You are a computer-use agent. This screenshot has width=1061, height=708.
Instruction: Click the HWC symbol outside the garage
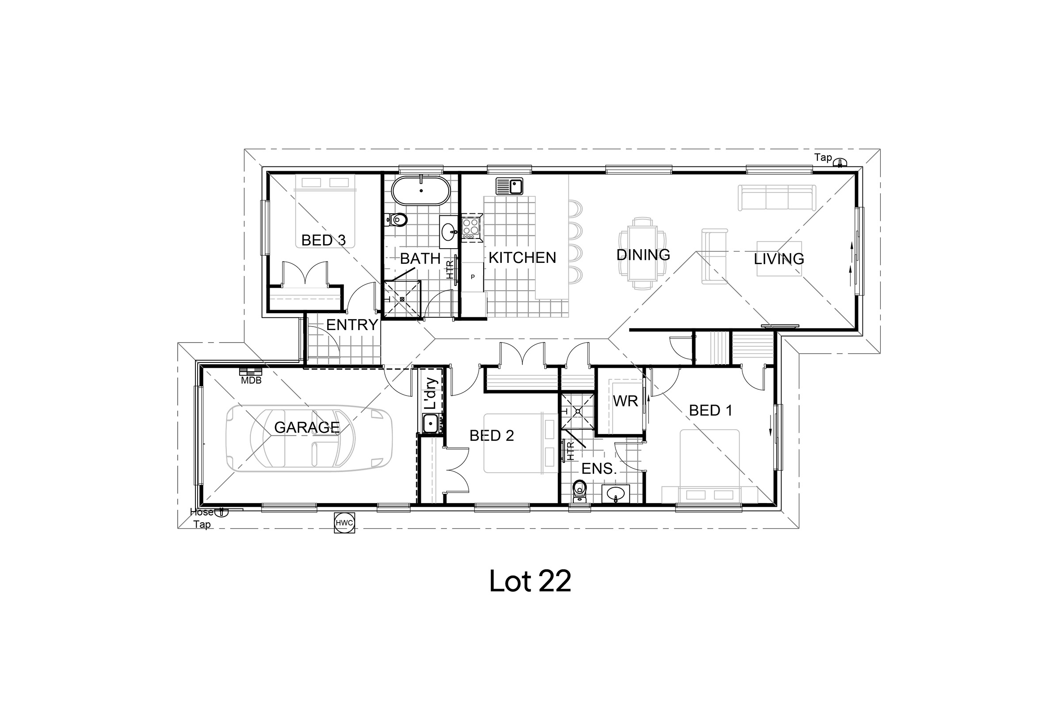[x=344, y=523]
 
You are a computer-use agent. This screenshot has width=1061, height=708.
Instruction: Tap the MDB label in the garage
[x=251, y=380]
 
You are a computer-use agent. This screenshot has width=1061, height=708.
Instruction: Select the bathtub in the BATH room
[x=420, y=191]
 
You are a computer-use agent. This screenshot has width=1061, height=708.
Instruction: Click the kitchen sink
[x=509, y=185]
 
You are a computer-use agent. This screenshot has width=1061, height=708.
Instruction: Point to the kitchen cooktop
[x=470, y=227]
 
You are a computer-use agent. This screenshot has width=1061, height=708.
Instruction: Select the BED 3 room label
[x=324, y=240]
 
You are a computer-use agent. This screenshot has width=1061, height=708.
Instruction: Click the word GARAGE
[x=307, y=427]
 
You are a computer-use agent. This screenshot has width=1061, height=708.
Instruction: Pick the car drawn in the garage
[x=309, y=439]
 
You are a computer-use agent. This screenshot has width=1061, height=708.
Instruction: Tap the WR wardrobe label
[x=625, y=401]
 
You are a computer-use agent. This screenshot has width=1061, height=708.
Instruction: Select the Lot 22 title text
[x=530, y=581]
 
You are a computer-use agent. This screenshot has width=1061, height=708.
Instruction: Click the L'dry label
[x=432, y=393]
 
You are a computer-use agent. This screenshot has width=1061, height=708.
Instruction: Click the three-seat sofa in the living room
[x=776, y=197]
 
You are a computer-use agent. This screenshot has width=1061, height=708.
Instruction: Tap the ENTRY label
[x=351, y=325]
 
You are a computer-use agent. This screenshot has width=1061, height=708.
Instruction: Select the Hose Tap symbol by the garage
[x=221, y=512]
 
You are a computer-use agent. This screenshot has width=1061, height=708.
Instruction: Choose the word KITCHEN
[x=523, y=258]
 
